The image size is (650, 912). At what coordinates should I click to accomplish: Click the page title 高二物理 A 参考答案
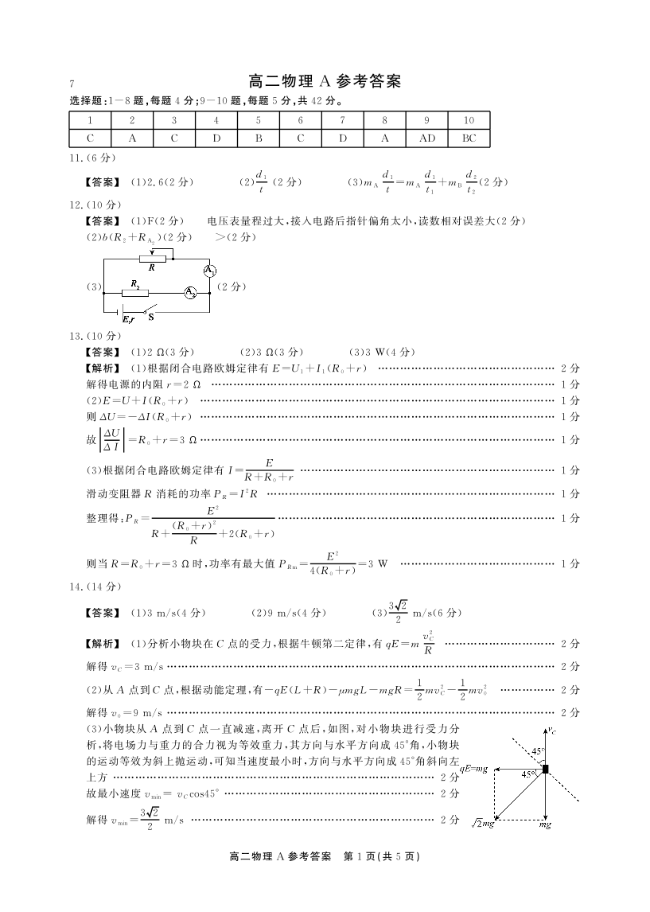324,81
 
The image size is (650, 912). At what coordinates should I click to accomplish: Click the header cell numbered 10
469,120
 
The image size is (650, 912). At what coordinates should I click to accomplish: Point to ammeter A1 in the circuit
209,271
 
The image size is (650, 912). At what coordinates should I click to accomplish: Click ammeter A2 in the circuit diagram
191,293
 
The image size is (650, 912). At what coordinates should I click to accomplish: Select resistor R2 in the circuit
135,292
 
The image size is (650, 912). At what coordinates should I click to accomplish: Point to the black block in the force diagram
545,769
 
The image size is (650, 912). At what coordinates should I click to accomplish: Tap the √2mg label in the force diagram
482,823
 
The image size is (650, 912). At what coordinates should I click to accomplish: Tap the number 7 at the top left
72,84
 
